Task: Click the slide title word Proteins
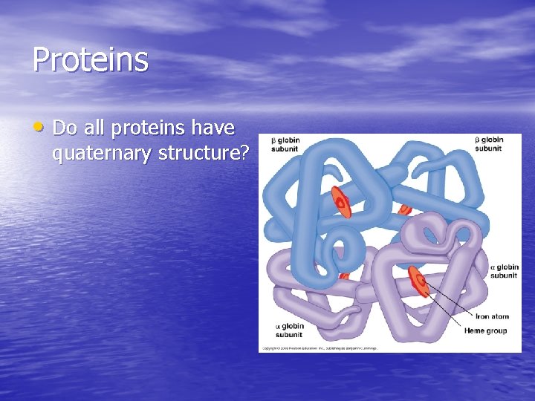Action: pos(90,60)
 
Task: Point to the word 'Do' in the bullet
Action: pos(65,128)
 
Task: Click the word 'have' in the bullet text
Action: pos(213,128)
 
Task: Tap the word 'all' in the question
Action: pos(94,128)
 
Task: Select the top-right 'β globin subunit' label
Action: pos(488,144)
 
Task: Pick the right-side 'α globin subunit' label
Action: pos(504,272)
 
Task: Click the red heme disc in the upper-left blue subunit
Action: pos(341,201)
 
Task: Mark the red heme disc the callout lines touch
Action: pos(418,281)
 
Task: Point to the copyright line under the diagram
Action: pos(319,348)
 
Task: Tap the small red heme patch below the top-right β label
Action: pos(405,209)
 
